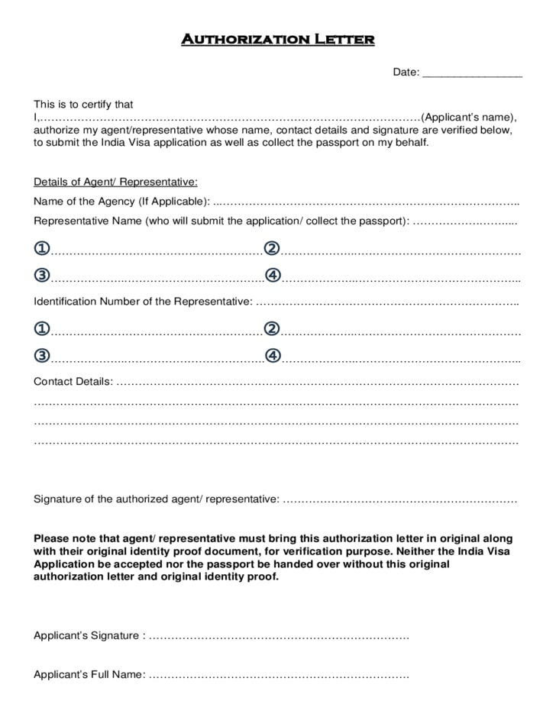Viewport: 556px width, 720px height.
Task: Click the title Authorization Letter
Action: click(x=277, y=39)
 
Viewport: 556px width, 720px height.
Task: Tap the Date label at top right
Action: click(x=405, y=72)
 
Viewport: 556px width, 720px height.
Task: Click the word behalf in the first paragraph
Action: click(x=411, y=142)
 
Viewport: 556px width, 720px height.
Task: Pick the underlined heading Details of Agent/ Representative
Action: click(x=115, y=182)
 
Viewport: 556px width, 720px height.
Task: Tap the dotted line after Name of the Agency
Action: click(x=367, y=202)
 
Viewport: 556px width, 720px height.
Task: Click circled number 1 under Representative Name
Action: click(x=42, y=248)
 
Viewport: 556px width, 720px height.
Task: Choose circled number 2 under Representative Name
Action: click(x=272, y=248)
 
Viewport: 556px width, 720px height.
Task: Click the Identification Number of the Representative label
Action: click(x=143, y=301)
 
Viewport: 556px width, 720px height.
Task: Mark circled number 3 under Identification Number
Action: click(x=42, y=355)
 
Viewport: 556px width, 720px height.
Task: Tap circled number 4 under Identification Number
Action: click(x=273, y=355)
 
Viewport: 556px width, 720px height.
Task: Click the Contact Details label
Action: click(x=73, y=381)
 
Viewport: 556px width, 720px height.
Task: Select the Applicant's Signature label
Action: click(x=88, y=635)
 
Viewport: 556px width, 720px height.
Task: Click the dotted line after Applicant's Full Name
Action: click(x=279, y=676)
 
